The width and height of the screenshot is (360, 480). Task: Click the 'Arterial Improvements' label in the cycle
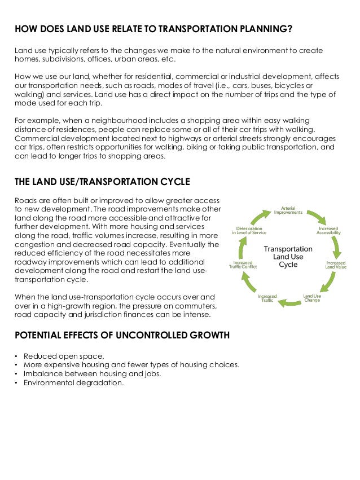click(288, 210)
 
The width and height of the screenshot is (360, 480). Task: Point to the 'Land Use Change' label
click(312, 297)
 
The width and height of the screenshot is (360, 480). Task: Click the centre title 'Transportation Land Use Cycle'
click(288, 256)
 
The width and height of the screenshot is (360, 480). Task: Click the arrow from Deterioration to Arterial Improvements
click(261, 217)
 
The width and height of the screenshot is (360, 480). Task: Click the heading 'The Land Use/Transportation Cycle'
click(102, 182)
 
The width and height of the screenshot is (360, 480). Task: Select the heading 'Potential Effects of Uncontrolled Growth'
click(122, 335)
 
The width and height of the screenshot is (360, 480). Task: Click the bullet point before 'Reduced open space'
click(16, 356)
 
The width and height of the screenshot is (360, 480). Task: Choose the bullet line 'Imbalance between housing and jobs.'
click(92, 373)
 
